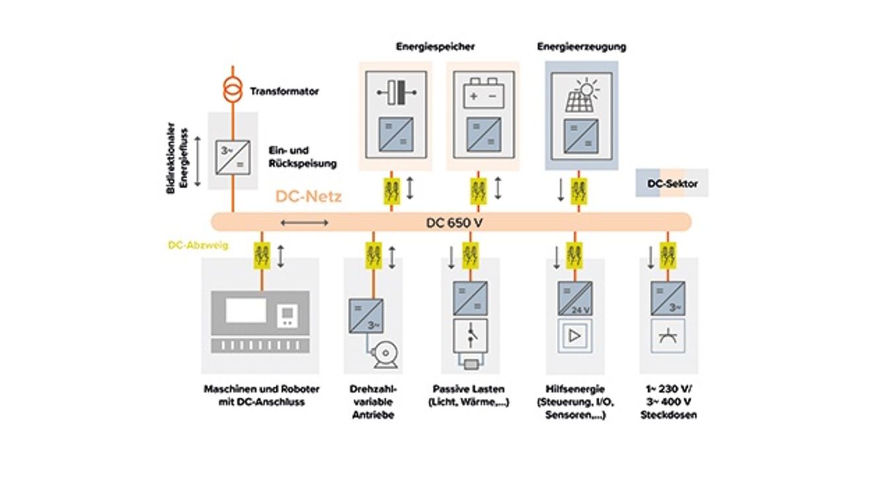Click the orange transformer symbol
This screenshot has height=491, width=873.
[233, 90]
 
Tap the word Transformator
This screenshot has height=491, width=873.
[284, 91]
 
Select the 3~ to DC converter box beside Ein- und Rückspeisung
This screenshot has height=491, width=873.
[233, 157]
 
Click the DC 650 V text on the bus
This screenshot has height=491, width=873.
[454, 223]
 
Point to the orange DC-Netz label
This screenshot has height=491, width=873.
[309, 197]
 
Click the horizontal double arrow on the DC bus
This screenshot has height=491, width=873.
[304, 223]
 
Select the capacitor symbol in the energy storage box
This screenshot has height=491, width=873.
[396, 93]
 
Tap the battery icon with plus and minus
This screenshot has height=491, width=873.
[483, 93]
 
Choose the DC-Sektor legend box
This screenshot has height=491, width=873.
[672, 183]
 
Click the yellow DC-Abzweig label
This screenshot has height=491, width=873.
[198, 246]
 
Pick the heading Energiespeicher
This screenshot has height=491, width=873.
[435, 47]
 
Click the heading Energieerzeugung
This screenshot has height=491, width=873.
[582, 47]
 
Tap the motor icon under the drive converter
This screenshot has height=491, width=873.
[385, 355]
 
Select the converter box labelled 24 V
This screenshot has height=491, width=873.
[575, 298]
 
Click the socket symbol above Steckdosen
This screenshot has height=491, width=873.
[668, 336]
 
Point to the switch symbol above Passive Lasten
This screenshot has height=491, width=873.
[470, 336]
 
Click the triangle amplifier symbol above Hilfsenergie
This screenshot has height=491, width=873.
[575, 336]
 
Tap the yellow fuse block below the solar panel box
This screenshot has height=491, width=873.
[579, 191]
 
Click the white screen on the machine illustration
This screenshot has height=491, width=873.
[246, 310]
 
